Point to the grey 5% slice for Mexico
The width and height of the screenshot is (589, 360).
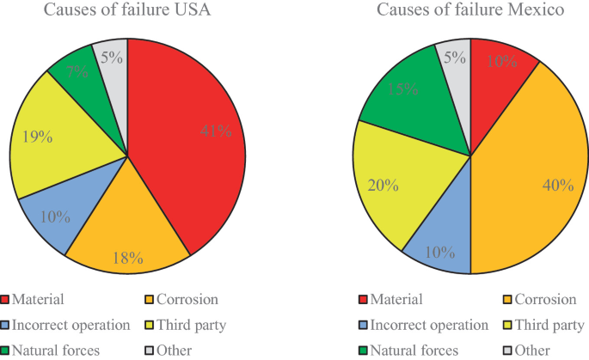coord(455,58)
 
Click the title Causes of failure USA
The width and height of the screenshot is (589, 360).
coord(127,11)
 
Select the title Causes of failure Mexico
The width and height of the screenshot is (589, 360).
coord(469,11)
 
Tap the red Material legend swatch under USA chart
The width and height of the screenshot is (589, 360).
coord(7,300)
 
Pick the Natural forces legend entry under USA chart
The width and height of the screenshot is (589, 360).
coord(55,350)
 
